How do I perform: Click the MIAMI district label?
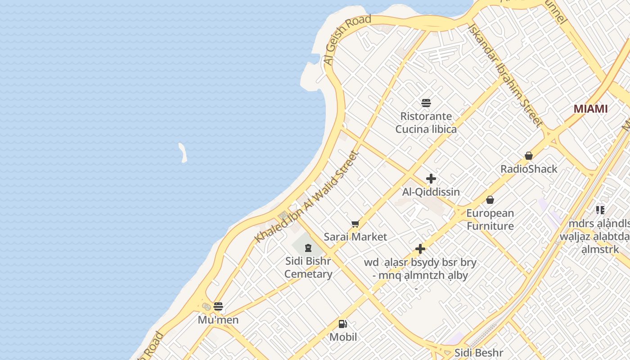click(x=590, y=109)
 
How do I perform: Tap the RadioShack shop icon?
click(x=529, y=156)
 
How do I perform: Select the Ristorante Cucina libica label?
click(x=426, y=123)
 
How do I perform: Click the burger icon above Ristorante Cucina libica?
click(x=426, y=103)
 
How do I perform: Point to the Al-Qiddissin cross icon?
click(x=431, y=179)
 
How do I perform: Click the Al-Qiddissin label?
click(x=431, y=192)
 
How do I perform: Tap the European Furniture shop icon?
click(x=490, y=199)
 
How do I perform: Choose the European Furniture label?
click(x=490, y=220)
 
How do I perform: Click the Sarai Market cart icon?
click(x=355, y=224)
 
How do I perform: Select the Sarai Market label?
click(x=355, y=237)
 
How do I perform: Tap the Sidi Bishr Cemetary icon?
click(x=308, y=247)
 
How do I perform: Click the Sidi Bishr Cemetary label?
click(x=308, y=268)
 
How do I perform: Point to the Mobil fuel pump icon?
click(x=343, y=324)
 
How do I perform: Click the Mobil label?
click(x=343, y=337)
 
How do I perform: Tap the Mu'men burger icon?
click(x=218, y=307)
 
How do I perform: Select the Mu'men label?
click(x=218, y=320)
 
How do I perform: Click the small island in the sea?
click(x=183, y=153)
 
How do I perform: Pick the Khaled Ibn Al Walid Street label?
click(x=306, y=197)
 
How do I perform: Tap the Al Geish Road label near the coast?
click(x=347, y=40)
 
